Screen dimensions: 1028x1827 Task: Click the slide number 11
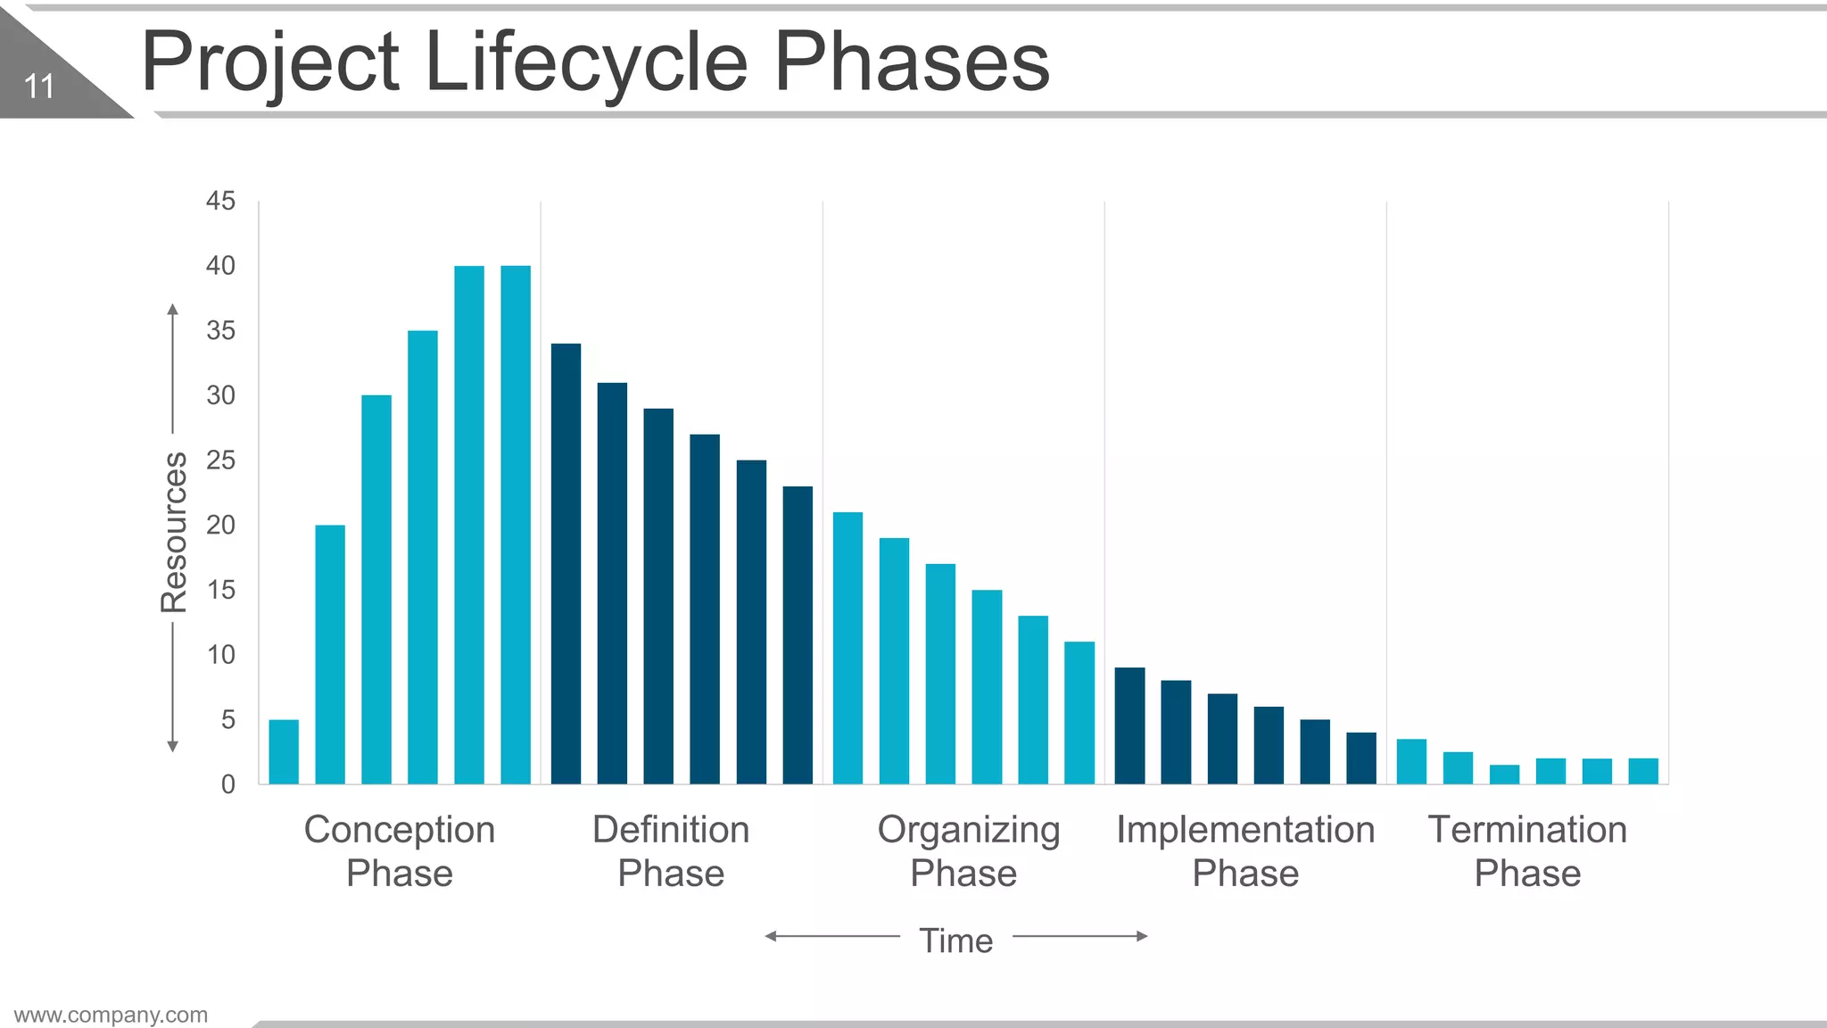point(39,87)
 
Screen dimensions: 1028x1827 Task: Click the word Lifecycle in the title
point(586,62)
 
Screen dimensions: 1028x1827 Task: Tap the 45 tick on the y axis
point(220,201)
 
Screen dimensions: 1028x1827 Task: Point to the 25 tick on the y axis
point(220,460)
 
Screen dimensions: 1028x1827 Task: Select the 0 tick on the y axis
point(228,784)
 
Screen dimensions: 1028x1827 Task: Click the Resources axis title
point(174,532)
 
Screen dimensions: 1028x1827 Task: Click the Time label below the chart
point(955,941)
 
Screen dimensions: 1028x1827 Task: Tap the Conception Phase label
point(399,850)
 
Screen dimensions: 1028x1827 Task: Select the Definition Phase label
point(671,850)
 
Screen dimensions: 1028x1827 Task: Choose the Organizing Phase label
point(967,850)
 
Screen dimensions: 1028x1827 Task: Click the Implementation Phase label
point(1245,850)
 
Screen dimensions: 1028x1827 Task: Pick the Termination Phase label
point(1527,850)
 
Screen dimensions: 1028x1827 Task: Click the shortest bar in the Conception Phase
point(284,751)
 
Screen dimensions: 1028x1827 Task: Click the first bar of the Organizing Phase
point(847,648)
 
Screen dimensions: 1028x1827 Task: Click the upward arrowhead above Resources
point(173,311)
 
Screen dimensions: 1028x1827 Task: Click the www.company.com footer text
point(111,1015)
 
